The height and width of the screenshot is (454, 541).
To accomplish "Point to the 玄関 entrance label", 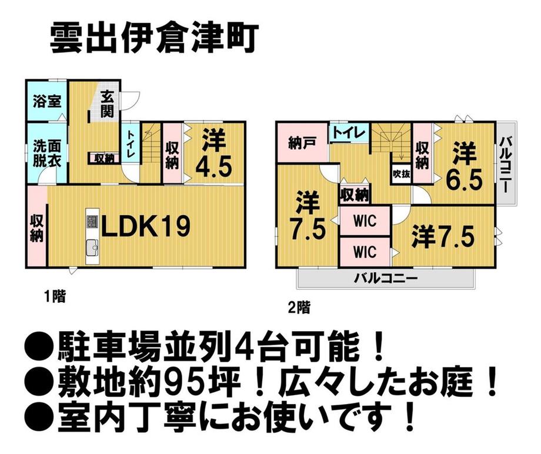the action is (106, 104).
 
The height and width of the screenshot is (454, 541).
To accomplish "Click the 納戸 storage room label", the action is (300, 143).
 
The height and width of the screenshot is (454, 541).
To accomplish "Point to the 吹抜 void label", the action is (401, 174).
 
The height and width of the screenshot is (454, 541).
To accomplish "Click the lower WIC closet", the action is (365, 251).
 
